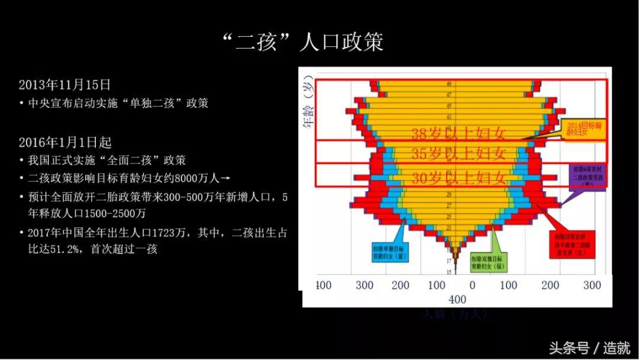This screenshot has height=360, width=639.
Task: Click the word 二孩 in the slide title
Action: tap(257, 42)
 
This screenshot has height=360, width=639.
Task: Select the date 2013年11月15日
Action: tap(64, 85)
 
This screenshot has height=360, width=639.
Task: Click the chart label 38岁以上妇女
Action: tap(459, 134)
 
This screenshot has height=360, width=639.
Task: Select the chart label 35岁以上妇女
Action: tap(459, 154)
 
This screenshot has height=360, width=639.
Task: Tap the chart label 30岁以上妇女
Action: tap(459, 177)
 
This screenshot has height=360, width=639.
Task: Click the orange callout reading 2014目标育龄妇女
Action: tap(585, 130)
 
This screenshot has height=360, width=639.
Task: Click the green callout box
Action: tap(490, 262)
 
